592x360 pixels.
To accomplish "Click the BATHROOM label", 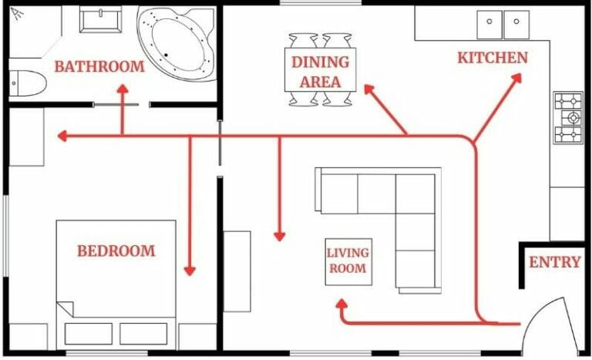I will click(99, 66).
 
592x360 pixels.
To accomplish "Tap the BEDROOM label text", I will click(116, 251).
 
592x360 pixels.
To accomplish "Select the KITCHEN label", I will click(493, 58).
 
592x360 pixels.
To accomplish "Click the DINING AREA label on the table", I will click(320, 70).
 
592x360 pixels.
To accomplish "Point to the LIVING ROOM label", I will click(348, 261).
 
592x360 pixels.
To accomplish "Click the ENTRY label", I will click(554, 262).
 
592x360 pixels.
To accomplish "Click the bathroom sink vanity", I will click(100, 19).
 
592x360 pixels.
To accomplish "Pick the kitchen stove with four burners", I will click(568, 118).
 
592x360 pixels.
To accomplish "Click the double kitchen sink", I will click(503, 25).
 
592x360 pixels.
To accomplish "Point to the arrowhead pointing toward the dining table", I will click(368, 90).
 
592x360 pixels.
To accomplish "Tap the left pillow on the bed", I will click(88, 333).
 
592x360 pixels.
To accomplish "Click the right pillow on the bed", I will click(143, 333).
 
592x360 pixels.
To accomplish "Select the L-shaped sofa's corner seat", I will click(415, 193).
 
